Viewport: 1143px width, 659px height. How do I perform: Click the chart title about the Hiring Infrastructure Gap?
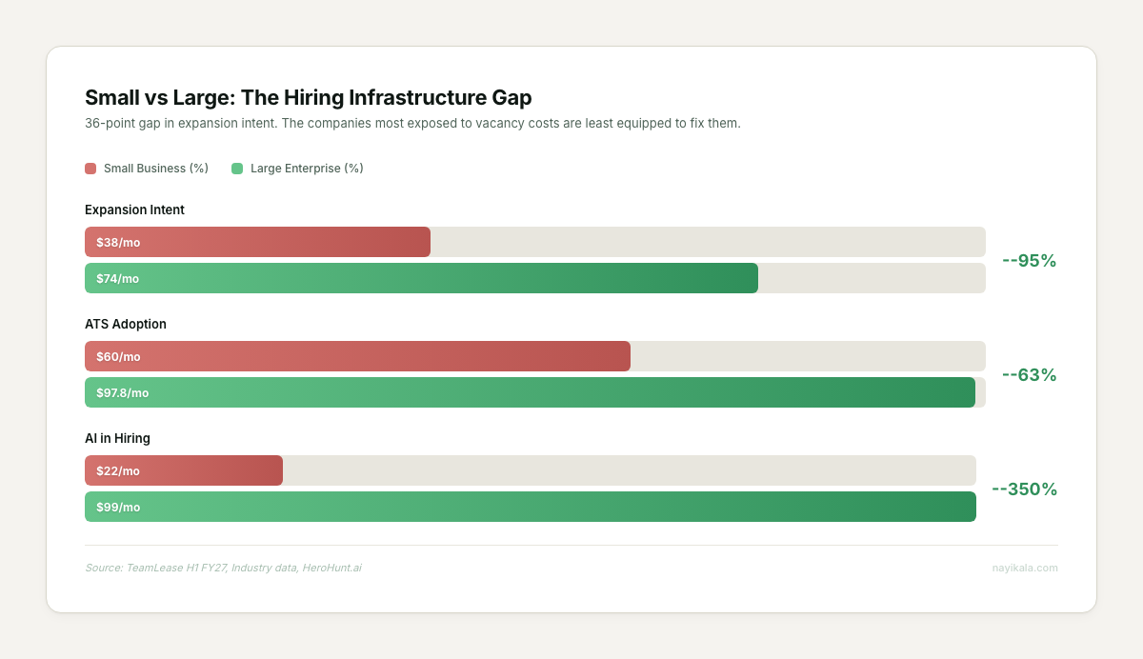tap(308, 97)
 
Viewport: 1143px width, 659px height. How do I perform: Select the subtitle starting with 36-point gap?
tap(412, 124)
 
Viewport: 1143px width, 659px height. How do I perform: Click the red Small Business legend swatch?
tap(90, 169)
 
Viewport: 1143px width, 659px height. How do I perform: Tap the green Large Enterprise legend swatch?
tap(237, 169)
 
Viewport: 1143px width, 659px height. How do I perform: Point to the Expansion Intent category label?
tap(134, 210)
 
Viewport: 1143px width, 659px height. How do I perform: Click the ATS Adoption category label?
tap(126, 324)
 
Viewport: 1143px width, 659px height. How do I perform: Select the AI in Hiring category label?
tap(117, 438)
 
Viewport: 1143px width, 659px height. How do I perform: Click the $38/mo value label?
tap(118, 242)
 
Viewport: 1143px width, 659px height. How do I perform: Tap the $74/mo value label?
tap(118, 278)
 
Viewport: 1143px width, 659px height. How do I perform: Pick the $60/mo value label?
tap(118, 356)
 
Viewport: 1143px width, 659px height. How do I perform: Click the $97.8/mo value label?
tap(123, 392)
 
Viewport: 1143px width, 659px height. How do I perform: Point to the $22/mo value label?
tap(118, 470)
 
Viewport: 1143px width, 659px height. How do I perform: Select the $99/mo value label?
tap(118, 507)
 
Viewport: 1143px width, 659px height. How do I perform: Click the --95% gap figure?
tap(1029, 260)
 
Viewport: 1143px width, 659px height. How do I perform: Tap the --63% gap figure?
tap(1029, 374)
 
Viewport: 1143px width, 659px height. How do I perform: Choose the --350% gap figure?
tap(1024, 489)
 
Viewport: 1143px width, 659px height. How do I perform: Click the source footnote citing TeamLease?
tap(223, 568)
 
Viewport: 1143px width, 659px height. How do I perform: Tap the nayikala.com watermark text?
tap(1024, 568)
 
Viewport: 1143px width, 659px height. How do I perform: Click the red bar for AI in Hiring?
tap(210, 470)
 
